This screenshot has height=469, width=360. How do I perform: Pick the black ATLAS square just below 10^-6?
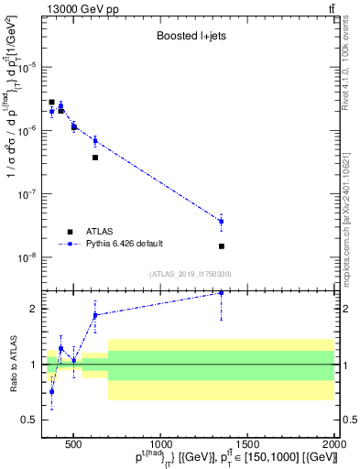click(95, 158)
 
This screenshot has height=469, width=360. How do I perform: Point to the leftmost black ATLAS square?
click(52, 103)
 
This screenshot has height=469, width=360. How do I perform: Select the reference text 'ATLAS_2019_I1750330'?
click(191, 274)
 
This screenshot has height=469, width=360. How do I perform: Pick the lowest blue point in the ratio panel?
click(52, 391)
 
